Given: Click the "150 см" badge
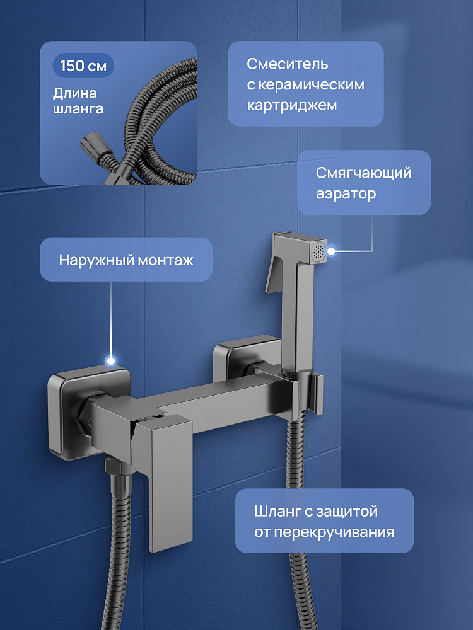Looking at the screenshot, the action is pyautogui.click(x=83, y=66).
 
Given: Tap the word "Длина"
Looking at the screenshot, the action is pyautogui.click(x=75, y=93).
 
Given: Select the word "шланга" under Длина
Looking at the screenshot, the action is pyautogui.click(x=78, y=109).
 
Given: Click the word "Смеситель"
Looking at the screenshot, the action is pyautogui.click(x=287, y=64).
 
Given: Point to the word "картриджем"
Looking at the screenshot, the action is pyautogui.click(x=291, y=106).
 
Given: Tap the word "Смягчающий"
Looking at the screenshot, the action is pyautogui.click(x=364, y=173).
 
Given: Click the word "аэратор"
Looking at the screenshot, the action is pyautogui.click(x=346, y=193).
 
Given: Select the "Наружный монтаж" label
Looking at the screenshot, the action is pyautogui.click(x=126, y=260).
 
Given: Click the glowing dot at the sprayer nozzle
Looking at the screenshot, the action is pyautogui.click(x=331, y=251).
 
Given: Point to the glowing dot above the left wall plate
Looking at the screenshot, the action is pyautogui.click(x=110, y=360).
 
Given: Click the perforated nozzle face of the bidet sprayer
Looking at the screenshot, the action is pyautogui.click(x=318, y=252).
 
